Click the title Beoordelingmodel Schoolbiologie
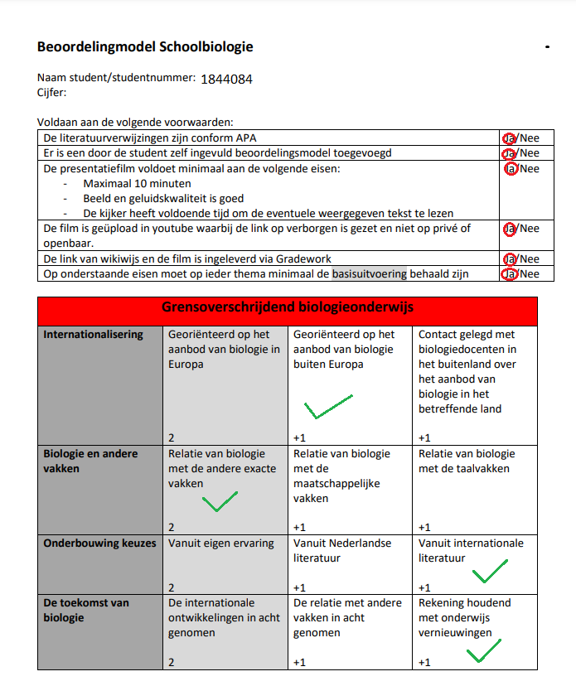coord(145,46)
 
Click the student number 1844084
coord(226,80)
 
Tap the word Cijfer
coord(51,92)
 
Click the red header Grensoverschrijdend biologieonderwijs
coord(287,307)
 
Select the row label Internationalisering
coord(93,335)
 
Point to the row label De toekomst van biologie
coord(86,610)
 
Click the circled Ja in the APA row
coord(509,138)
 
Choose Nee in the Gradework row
coord(529,258)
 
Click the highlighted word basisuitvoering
coord(369,273)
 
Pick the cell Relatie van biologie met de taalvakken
coord(467,461)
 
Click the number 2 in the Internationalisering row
coord(172,437)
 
